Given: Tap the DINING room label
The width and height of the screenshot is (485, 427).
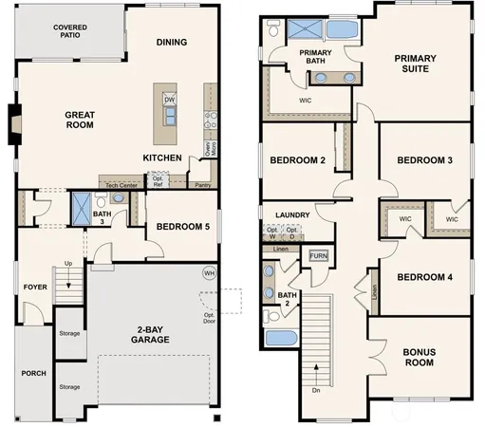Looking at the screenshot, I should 171,42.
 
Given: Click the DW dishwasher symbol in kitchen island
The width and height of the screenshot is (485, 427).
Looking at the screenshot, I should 170,99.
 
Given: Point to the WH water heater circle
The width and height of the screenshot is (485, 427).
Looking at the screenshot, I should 209,273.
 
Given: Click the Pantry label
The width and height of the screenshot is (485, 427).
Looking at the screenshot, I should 201,185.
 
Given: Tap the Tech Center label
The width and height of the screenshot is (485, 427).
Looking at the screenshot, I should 121,185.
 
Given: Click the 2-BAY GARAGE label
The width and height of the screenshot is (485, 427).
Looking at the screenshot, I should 150,335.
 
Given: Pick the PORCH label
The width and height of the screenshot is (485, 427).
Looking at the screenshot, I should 33,373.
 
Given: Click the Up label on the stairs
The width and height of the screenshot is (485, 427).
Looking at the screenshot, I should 67,263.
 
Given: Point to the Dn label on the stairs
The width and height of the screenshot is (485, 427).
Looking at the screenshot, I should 314,389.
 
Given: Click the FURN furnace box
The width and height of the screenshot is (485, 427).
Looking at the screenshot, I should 318,256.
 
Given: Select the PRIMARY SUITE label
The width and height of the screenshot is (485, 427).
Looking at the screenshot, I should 412,64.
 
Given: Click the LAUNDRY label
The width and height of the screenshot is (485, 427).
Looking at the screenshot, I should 293,214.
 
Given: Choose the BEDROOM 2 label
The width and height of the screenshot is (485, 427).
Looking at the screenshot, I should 298,160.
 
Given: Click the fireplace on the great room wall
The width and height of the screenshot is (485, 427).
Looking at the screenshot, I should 13,124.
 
